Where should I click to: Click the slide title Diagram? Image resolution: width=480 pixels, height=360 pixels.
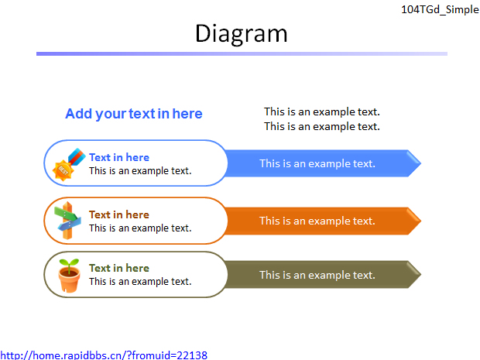click(242, 33)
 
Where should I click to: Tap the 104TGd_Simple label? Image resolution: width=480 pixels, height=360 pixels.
click(440, 9)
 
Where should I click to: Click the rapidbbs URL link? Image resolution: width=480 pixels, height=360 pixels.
click(104, 355)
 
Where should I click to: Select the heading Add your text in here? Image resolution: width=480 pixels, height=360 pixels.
click(134, 114)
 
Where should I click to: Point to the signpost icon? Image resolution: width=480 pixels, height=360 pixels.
click(67, 220)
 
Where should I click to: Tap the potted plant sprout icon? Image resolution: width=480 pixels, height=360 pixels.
click(69, 275)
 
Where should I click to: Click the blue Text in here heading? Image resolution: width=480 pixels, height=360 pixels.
click(119, 157)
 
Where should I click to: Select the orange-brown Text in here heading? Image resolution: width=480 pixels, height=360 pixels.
click(119, 214)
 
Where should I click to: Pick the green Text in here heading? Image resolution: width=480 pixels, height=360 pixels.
click(119, 268)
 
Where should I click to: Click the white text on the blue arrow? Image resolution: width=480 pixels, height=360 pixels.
click(317, 163)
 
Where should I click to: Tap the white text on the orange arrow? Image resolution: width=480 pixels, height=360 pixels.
click(317, 221)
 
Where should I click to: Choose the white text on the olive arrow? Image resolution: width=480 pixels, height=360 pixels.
click(317, 275)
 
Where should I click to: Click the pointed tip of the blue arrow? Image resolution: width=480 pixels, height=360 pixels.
click(421, 163)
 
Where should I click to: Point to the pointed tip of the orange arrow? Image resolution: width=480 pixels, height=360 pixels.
click(421, 221)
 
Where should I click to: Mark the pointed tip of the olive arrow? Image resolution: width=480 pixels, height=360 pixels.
click(421, 275)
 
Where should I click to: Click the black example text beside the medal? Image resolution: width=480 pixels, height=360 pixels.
click(140, 171)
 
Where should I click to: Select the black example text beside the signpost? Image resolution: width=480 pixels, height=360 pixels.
click(140, 228)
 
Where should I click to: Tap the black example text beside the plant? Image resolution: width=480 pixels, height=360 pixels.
click(140, 281)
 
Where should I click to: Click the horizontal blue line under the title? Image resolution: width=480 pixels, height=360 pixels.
click(242, 54)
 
